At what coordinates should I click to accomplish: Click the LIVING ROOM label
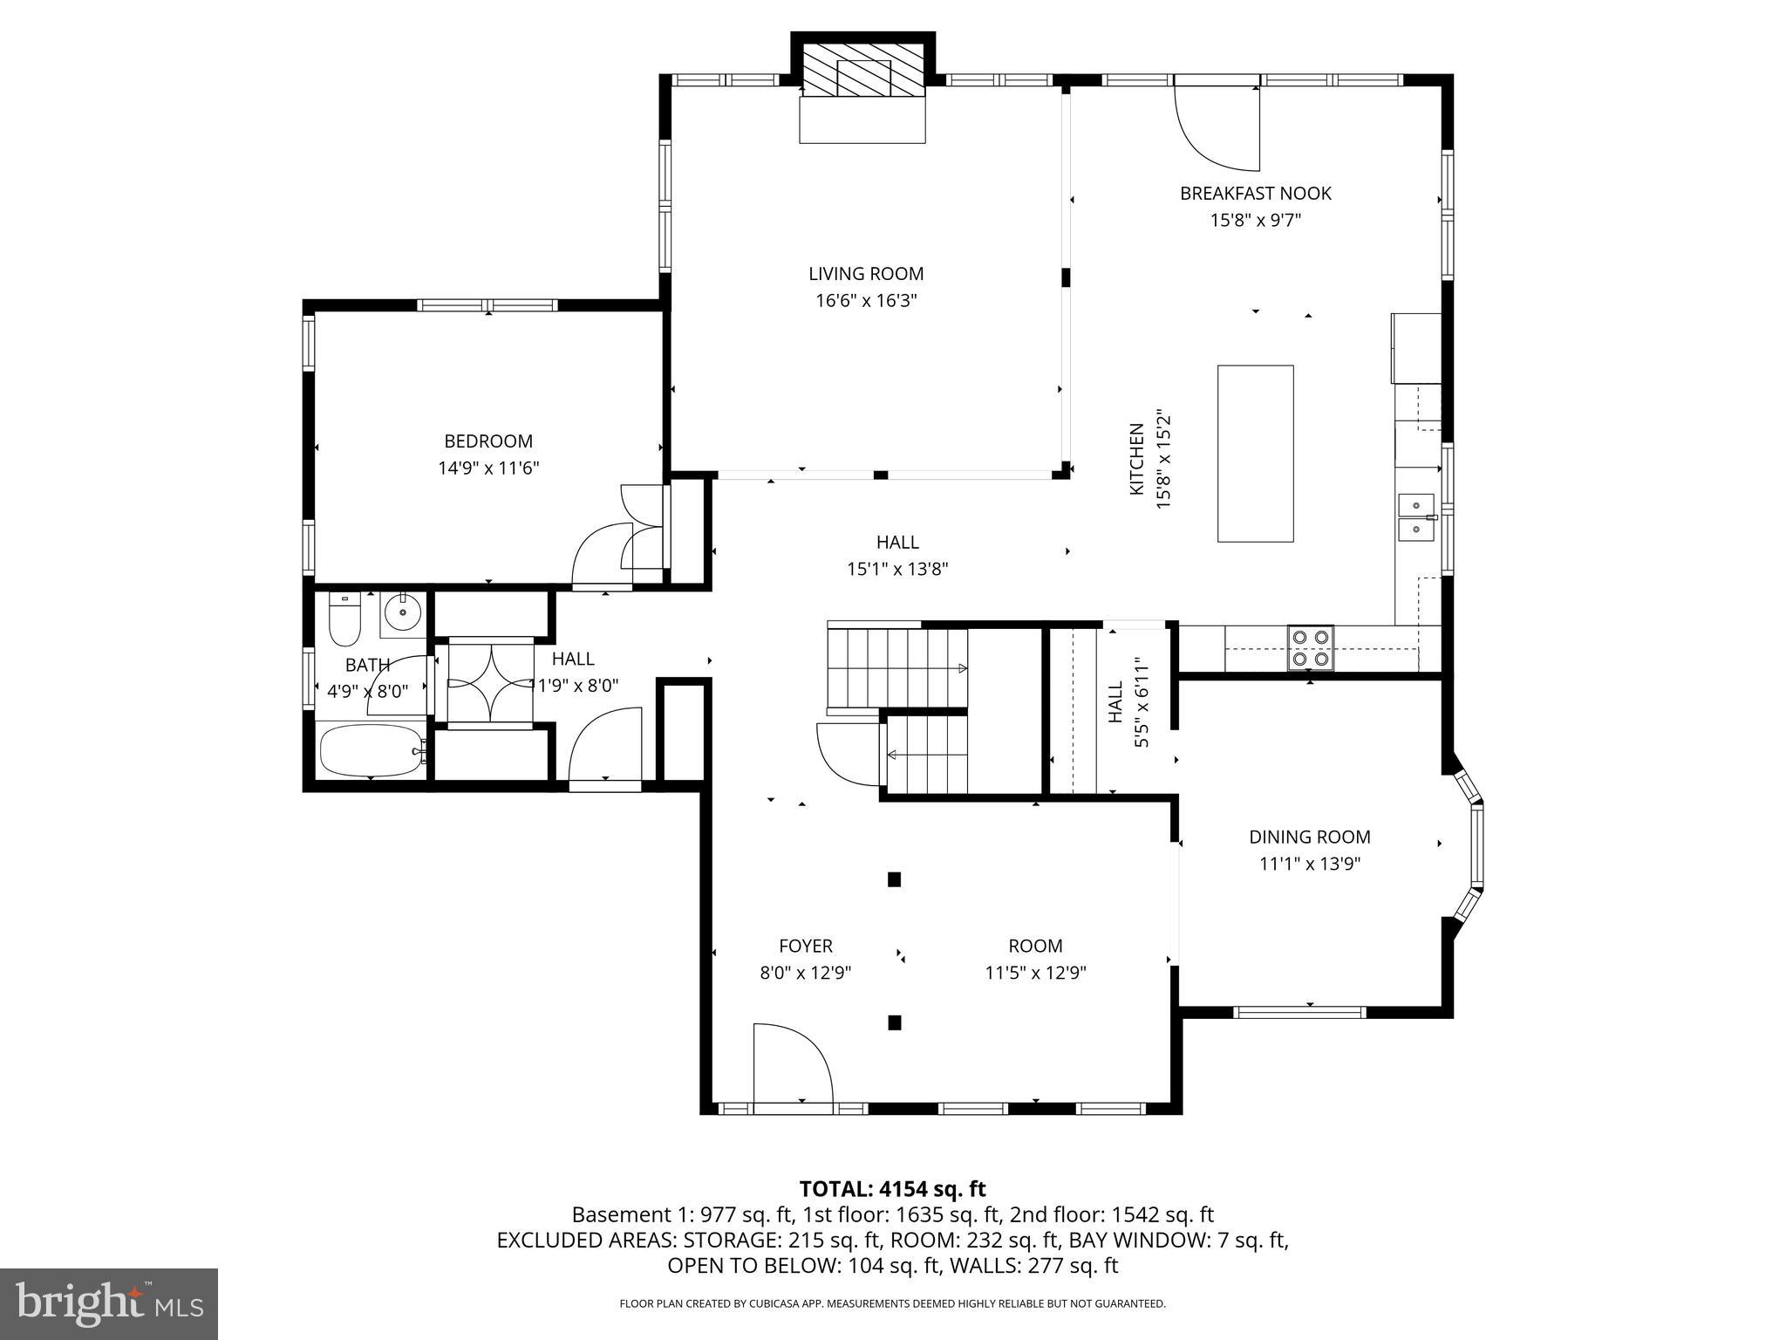point(865,274)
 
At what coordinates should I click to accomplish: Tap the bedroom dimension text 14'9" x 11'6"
point(488,468)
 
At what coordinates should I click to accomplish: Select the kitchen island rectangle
point(1255,454)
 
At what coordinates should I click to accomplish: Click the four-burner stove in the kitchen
point(1311,648)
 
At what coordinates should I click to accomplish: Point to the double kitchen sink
point(1416,517)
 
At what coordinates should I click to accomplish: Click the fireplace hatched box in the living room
point(862,70)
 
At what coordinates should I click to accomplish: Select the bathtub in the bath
point(372,750)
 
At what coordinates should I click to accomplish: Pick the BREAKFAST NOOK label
point(1255,194)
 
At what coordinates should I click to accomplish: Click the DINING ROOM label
point(1309,837)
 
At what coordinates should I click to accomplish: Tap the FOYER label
point(805,946)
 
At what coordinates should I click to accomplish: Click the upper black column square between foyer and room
point(894,879)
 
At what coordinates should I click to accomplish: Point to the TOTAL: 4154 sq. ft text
point(892,1189)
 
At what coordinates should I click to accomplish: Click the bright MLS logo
point(108,1303)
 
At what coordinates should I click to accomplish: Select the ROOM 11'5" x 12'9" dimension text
point(1035,973)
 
